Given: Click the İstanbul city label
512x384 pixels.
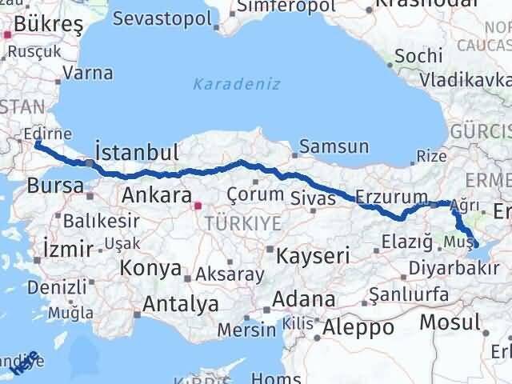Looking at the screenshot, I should coord(136,151).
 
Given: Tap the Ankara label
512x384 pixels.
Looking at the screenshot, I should coord(157,194).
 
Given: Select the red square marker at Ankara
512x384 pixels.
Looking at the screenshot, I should coord(198,206).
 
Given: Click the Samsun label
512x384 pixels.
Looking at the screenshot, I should coord(334,146).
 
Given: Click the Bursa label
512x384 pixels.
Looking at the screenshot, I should coord(54,186).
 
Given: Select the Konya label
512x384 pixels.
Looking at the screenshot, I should coord(151,269).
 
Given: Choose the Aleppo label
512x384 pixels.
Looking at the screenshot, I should coord(358,327).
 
